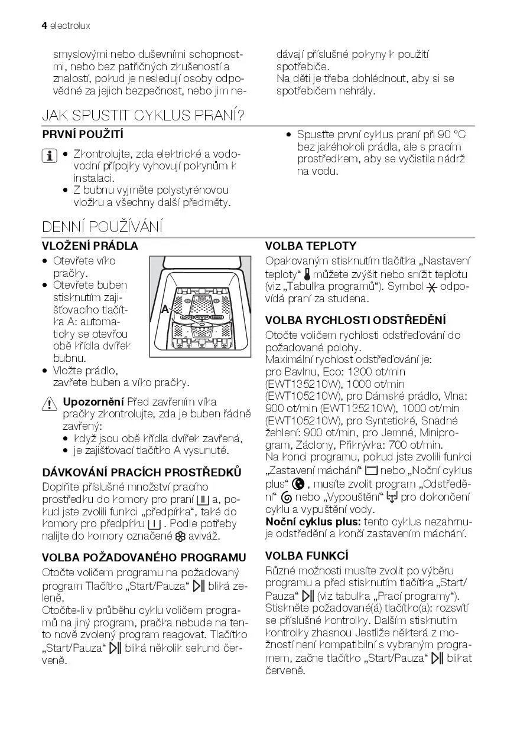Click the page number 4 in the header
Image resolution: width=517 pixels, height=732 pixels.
[x=44, y=27]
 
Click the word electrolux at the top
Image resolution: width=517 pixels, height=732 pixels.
[x=70, y=27]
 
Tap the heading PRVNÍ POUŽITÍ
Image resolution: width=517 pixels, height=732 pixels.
[x=83, y=135]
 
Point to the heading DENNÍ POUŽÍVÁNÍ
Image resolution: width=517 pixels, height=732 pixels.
[x=102, y=227]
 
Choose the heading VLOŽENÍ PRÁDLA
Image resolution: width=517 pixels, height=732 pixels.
[x=90, y=246]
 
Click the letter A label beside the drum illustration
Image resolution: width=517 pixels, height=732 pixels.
[x=164, y=309]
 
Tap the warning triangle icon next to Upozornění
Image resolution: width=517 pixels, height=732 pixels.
[x=48, y=403]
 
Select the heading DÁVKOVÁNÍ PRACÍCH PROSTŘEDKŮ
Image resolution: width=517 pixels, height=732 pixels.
[x=142, y=472]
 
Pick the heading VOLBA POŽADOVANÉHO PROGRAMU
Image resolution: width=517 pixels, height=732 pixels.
[x=144, y=557]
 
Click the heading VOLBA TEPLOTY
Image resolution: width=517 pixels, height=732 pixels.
[x=311, y=246]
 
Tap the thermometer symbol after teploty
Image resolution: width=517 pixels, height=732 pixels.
[x=307, y=274]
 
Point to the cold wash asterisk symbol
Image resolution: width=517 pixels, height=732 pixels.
[x=432, y=287]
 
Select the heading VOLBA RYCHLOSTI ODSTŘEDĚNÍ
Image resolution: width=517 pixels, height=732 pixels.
[x=355, y=321]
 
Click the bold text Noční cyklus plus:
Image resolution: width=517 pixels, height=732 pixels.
[x=313, y=522]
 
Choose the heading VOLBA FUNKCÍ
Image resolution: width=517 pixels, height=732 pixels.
[x=307, y=555]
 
